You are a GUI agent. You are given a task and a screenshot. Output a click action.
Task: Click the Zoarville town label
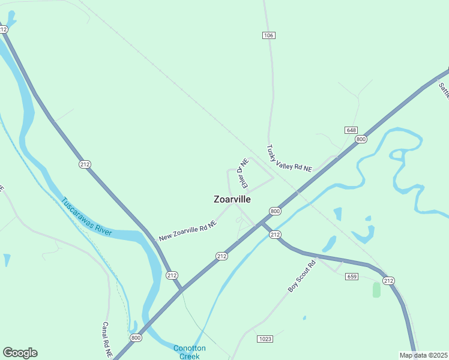coord(232,199)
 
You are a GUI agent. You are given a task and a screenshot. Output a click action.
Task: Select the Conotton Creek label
coord(190,352)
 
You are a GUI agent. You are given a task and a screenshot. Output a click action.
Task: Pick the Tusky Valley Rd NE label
coord(289,159)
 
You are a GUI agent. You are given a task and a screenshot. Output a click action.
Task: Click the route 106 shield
coord(268,36)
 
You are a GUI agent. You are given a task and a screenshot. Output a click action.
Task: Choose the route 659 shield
coord(352,277)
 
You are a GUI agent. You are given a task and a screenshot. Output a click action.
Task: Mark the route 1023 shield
coord(265,339)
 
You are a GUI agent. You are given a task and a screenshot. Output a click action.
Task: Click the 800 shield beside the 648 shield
coord(361,139)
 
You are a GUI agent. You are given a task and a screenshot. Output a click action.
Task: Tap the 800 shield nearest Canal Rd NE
coord(136,338)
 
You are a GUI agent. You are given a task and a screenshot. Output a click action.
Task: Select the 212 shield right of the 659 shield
coord(388,281)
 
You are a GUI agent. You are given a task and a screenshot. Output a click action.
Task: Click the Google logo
coord(20,353)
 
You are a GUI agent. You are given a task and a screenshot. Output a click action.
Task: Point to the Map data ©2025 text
coord(423,355)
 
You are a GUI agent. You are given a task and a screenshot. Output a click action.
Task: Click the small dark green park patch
coord(376,290)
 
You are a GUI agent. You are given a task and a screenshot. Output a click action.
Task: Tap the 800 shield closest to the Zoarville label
coord(275,211)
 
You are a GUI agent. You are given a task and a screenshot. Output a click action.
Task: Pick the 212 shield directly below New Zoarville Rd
coord(221,256)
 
